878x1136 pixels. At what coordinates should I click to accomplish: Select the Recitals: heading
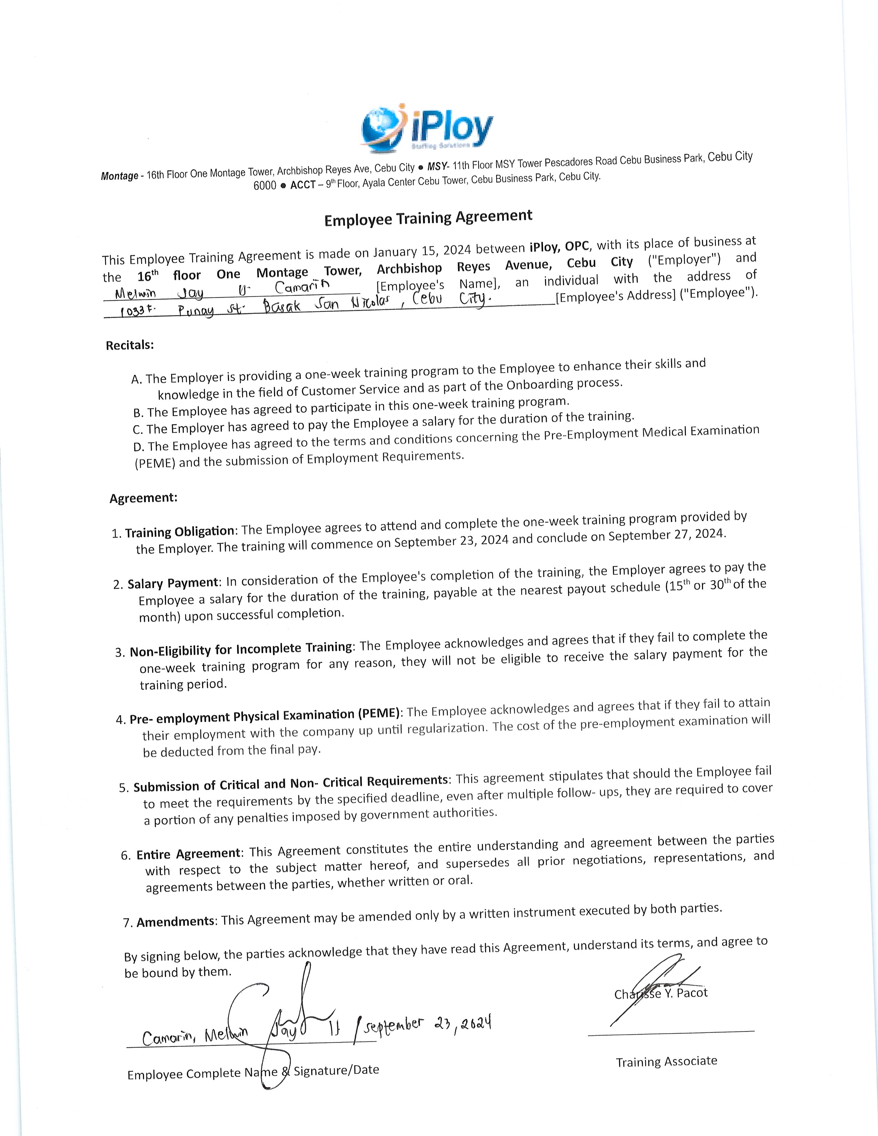[x=130, y=345]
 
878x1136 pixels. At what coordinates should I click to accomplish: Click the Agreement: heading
[x=144, y=498]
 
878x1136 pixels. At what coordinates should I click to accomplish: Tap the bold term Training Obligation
[x=179, y=532]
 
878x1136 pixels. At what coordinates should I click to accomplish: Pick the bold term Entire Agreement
[x=188, y=854]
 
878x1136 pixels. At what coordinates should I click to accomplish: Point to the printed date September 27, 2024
[x=666, y=534]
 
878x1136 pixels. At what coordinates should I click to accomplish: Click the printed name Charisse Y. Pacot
[x=661, y=993]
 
